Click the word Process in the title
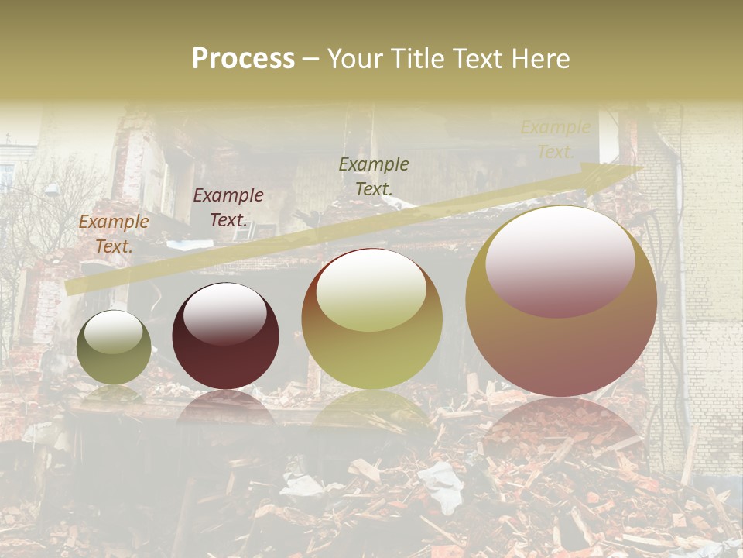click(243, 59)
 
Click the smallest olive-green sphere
click(114, 347)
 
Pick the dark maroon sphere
click(225, 336)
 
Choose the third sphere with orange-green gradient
click(372, 319)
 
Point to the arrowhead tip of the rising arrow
click(642, 169)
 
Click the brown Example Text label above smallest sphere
click(114, 233)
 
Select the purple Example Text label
click(228, 208)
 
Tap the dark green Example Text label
click(374, 176)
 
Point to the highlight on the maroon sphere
click(225, 313)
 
